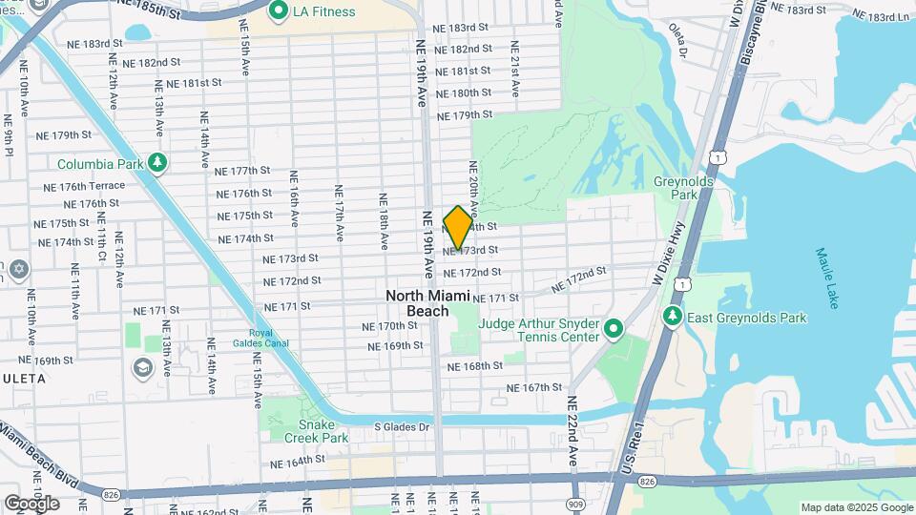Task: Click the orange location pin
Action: point(458,227)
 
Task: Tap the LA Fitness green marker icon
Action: point(279,11)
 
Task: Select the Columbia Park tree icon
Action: point(158,163)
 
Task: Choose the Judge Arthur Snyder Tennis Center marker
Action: point(614,330)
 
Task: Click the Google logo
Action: point(31,503)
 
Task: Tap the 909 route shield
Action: point(574,504)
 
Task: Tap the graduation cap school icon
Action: point(142,368)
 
